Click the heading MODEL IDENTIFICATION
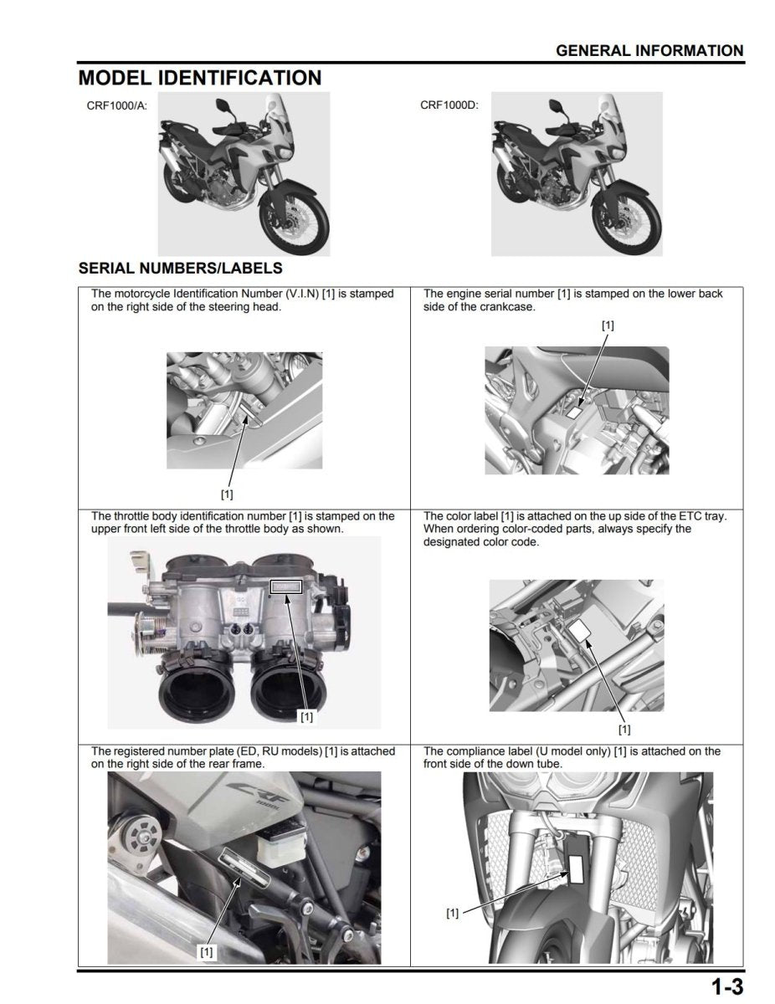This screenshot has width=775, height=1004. [199, 78]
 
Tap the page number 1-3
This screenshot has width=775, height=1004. [727, 986]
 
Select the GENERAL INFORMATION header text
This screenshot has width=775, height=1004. [649, 50]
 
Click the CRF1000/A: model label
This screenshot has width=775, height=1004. [117, 106]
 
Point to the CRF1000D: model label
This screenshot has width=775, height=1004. [449, 106]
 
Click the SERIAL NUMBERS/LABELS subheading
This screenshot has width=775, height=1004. [180, 269]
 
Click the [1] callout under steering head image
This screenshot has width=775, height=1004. [227, 494]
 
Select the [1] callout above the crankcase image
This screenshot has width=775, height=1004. [608, 325]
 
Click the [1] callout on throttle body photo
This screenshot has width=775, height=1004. [306, 717]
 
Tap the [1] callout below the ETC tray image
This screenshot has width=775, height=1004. [624, 729]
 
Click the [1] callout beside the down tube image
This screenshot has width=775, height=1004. [453, 913]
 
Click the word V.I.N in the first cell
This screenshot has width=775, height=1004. [295, 294]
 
